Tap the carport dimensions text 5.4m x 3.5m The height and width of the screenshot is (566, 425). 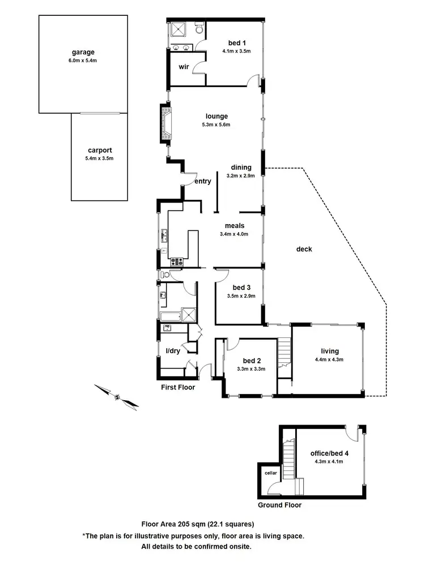99,158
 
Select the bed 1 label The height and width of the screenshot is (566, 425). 236,42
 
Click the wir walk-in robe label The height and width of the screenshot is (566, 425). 184,67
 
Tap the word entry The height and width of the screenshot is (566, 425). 202,182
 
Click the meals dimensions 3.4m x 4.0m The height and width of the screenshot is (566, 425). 234,234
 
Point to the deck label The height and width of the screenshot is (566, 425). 304,248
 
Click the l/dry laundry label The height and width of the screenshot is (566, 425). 173,351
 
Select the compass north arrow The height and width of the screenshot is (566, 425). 117,396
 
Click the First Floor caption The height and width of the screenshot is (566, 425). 178,388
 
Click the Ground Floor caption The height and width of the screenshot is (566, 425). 279,505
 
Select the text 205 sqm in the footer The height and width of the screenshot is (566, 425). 190,524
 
